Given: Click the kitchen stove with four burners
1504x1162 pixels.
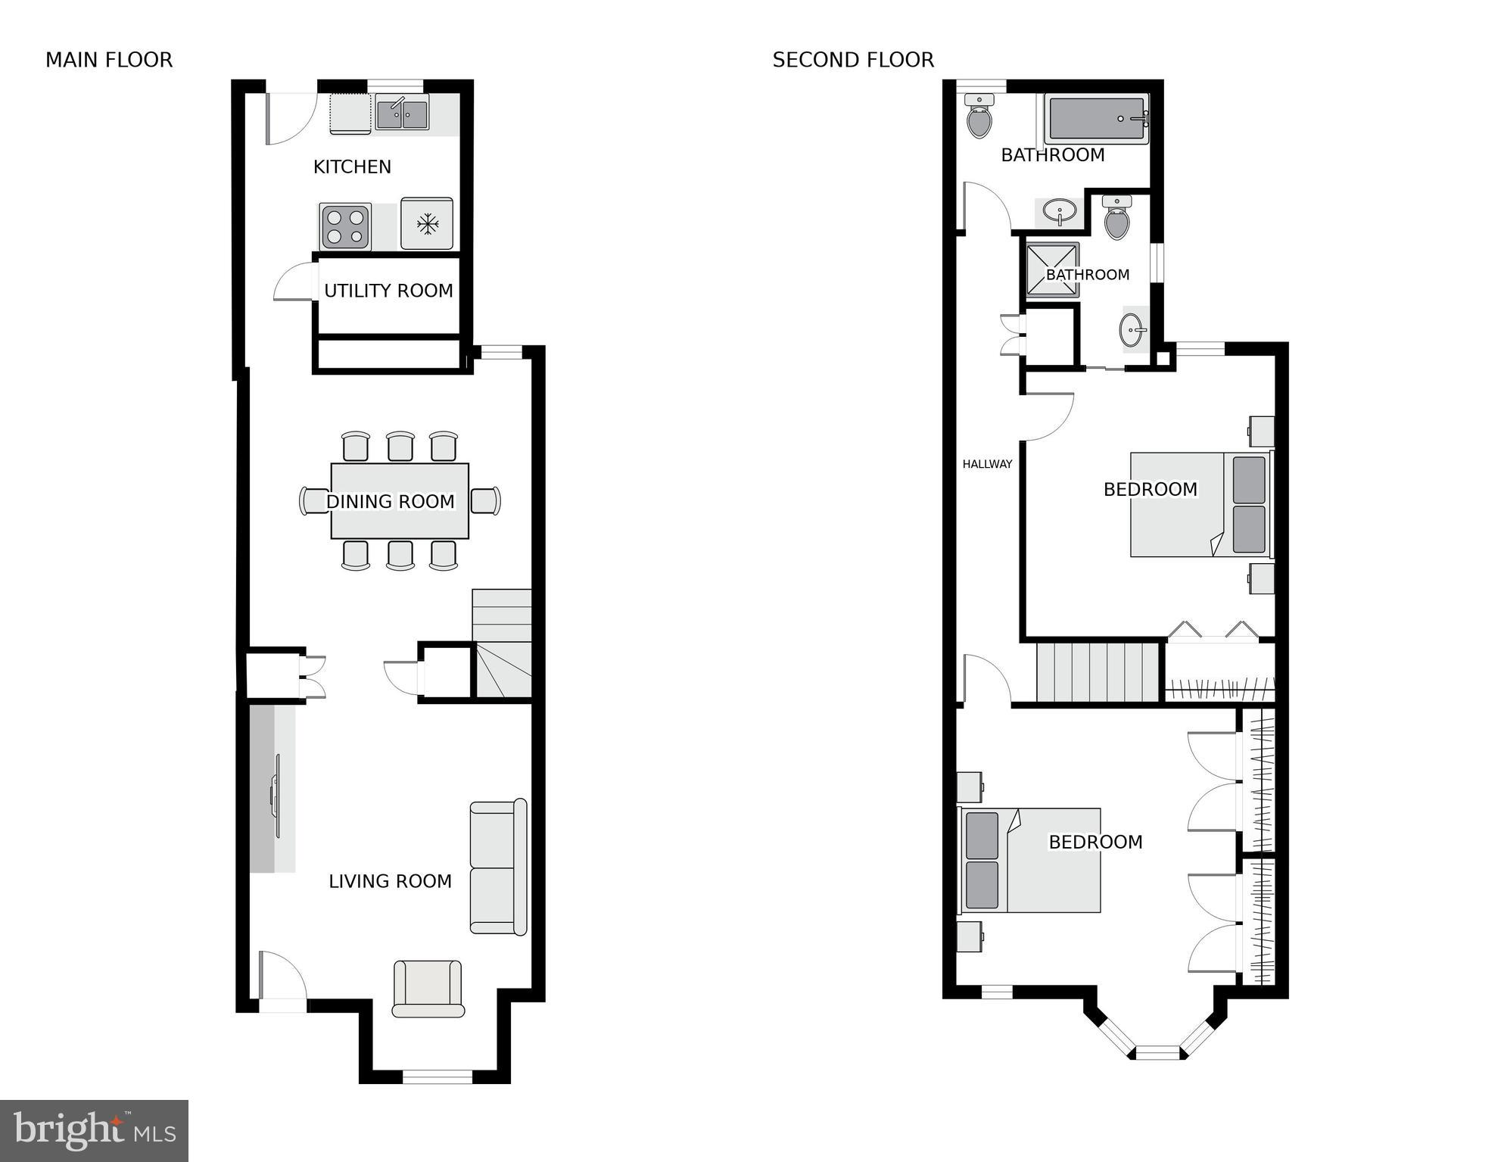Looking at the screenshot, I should click(x=345, y=226).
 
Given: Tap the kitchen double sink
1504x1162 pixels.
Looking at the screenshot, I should click(x=402, y=114).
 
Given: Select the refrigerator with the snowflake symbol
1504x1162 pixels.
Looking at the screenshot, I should click(x=427, y=223).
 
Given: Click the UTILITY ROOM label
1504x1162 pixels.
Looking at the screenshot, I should click(x=388, y=291).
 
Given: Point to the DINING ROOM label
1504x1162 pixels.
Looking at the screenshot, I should click(x=390, y=501).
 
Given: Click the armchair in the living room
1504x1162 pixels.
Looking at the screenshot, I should click(x=428, y=988).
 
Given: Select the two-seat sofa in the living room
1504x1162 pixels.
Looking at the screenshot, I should click(x=497, y=867).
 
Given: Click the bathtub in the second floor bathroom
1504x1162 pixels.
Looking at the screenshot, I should click(x=1097, y=119).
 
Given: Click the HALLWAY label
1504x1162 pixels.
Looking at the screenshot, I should click(x=987, y=464).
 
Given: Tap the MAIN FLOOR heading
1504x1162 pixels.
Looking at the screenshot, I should click(x=109, y=60).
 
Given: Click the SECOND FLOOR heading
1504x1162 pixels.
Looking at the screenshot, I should click(x=853, y=60).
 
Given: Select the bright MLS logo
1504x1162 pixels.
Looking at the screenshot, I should click(x=94, y=1130).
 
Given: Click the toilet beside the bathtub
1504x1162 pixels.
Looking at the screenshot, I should click(x=979, y=117).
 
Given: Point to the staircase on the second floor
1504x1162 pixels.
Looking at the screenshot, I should click(x=1098, y=672).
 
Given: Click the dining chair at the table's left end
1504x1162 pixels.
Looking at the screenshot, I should click(x=313, y=501).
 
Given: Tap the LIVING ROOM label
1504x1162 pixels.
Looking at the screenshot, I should click(x=390, y=881).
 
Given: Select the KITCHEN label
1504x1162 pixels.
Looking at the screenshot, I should click(x=352, y=167).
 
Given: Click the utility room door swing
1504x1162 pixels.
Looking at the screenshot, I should click(x=293, y=282).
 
